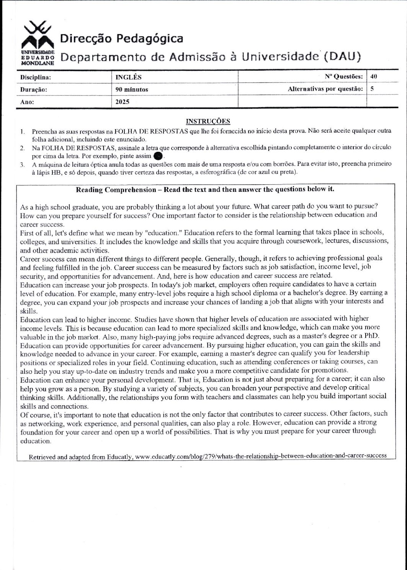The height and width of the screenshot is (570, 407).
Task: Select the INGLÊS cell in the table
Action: [x=129, y=77]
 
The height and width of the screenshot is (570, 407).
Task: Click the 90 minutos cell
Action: [x=132, y=89]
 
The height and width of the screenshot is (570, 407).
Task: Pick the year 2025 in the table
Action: [x=123, y=102]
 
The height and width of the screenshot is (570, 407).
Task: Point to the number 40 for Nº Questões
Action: [x=374, y=76]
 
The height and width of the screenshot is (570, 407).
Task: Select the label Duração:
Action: [x=33, y=89]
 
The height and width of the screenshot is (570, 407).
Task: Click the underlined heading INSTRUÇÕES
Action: [x=208, y=122]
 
